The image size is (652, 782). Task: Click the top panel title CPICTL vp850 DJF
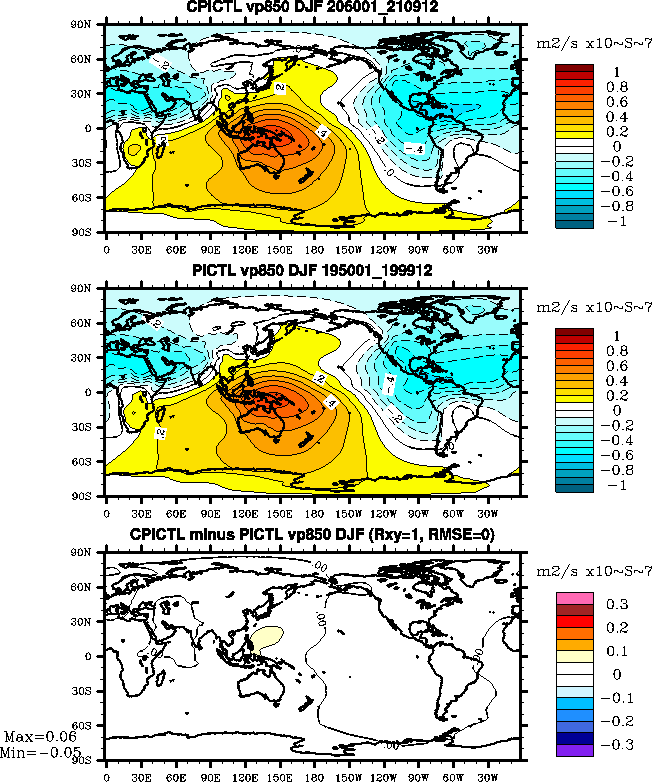pyautogui.click(x=312, y=8)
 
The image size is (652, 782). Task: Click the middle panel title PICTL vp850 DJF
pyautogui.click(x=312, y=273)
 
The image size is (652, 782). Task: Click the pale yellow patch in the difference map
pyautogui.click(x=265, y=637)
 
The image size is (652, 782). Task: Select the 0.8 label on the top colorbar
pyautogui.click(x=617, y=87)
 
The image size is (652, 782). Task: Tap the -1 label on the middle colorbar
pyautogui.click(x=617, y=485)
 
